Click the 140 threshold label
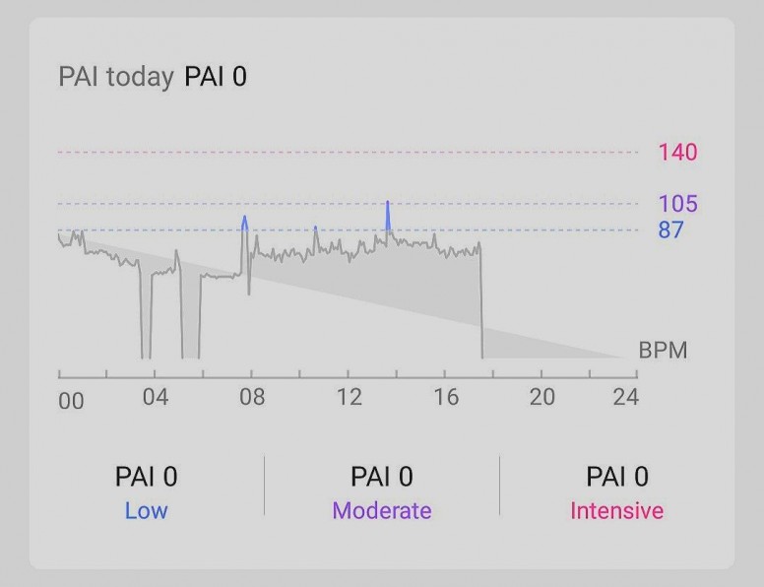(677, 152)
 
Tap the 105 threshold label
(677, 204)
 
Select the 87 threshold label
(671, 230)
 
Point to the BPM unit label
(663, 351)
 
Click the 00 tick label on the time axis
(71, 400)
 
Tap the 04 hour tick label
(156, 398)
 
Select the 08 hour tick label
(252, 398)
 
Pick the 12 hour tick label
(349, 398)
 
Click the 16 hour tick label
(445, 398)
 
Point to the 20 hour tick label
(541, 398)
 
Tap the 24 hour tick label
(625, 398)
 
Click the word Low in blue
(146, 511)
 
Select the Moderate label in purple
(382, 511)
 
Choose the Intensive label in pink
(617, 511)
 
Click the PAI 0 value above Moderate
(382, 478)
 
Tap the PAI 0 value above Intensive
(617, 478)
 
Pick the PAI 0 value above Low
(146, 478)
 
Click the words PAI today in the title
(116, 77)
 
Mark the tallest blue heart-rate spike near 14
(388, 212)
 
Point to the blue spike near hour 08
(244, 223)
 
